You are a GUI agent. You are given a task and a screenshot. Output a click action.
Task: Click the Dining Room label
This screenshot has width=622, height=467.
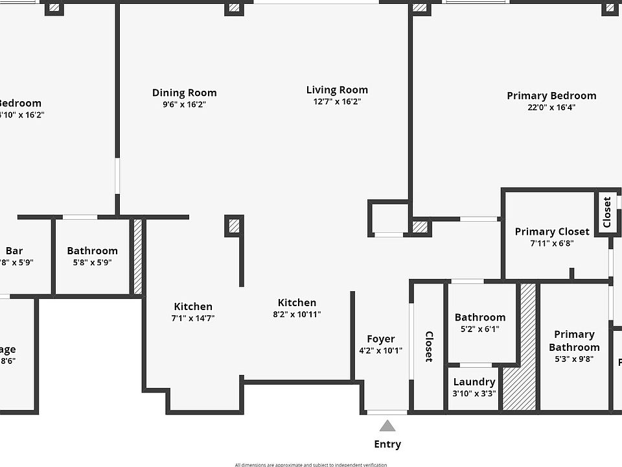point(184,93)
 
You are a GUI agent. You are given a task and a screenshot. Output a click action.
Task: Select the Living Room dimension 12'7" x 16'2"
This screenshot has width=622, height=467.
point(337,101)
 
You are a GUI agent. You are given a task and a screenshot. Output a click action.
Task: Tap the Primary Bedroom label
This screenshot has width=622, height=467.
point(551,95)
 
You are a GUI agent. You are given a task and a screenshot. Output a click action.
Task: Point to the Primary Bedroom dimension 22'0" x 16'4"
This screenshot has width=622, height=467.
point(551,107)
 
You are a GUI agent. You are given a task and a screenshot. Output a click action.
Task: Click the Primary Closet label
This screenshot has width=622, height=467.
point(552,232)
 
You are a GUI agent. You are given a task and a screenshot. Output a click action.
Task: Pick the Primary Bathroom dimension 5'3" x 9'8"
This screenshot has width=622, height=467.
point(574,359)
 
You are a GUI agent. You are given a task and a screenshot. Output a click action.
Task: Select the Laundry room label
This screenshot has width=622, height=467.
point(474,382)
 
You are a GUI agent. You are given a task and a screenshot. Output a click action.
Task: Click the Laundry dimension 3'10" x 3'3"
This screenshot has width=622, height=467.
point(474,394)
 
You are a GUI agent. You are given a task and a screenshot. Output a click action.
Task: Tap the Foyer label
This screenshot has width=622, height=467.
point(380,339)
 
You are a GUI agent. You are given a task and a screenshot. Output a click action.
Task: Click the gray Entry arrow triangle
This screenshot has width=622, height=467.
point(387,426)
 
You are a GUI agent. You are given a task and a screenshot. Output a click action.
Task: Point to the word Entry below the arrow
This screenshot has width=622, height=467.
point(387,444)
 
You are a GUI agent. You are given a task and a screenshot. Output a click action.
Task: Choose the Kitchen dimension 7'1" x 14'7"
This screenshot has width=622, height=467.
point(193,318)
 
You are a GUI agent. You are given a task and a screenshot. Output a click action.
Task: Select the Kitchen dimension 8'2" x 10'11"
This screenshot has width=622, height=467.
point(297,314)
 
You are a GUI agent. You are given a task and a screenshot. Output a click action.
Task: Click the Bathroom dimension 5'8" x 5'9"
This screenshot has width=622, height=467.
point(92,262)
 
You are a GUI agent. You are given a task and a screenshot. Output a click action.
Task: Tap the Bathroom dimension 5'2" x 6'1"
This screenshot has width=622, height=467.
point(479,329)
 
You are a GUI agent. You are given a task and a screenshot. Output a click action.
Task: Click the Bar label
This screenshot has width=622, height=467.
point(14,250)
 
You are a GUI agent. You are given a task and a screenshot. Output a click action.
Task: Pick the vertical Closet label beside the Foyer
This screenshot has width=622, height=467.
point(429,346)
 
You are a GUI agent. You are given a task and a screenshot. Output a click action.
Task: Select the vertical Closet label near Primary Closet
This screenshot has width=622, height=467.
point(607,212)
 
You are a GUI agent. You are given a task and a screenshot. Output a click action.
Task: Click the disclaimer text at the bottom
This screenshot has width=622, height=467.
point(311,464)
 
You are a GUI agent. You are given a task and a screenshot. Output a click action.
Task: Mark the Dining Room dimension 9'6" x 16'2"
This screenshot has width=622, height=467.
point(184,104)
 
